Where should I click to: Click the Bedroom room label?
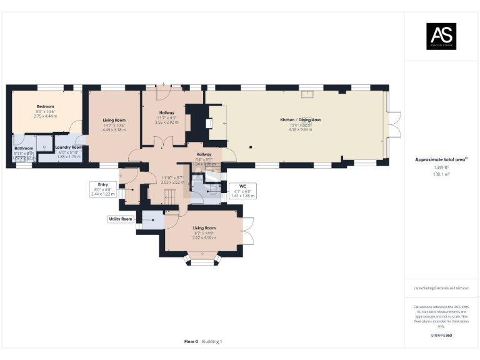[45, 107]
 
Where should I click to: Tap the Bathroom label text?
[24, 148]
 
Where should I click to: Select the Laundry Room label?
[69, 147]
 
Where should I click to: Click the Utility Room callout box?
[120, 219]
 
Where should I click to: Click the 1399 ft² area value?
[441, 167]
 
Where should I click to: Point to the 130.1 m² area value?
[441, 174]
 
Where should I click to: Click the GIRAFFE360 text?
[441, 336]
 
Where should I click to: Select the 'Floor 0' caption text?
[191, 341]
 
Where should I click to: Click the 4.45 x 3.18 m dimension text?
[114, 129]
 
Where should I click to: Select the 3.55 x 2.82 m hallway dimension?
[166, 122]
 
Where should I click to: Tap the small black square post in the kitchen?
[251, 147]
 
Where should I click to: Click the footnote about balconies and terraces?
[441, 288]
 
